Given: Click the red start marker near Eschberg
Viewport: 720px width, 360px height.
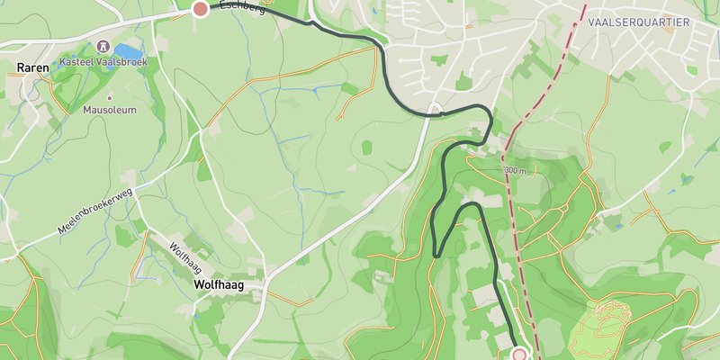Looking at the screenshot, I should pyautogui.click(x=200, y=9).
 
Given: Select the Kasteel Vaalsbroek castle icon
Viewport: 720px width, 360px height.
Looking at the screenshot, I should pyautogui.click(x=102, y=46).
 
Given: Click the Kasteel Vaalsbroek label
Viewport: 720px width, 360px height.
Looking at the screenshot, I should pyautogui.click(x=103, y=61).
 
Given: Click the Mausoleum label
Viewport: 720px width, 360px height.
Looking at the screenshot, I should pyautogui.click(x=108, y=112).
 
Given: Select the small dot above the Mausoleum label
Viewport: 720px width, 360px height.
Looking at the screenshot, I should pyautogui.click(x=109, y=96).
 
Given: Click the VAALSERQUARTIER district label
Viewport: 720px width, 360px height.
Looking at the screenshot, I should pyautogui.click(x=638, y=22).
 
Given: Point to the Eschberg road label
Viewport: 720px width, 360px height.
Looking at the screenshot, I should pyautogui.click(x=242, y=7).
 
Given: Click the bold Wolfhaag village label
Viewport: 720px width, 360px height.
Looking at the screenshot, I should pyautogui.click(x=219, y=283).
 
